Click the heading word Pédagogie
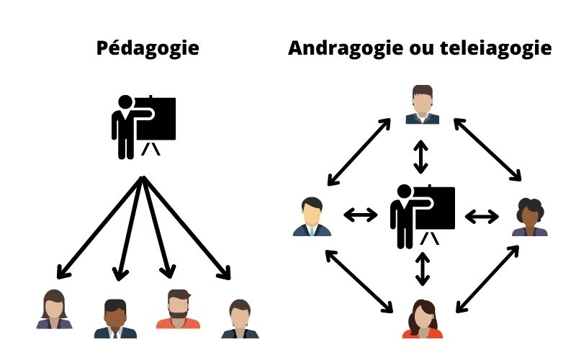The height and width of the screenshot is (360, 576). click(x=147, y=49)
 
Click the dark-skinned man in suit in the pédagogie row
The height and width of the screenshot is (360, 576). click(x=115, y=318)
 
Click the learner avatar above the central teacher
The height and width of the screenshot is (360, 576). click(x=422, y=104)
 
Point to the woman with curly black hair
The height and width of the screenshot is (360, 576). click(x=531, y=217)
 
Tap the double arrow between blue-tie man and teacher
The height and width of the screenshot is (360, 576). click(x=360, y=215)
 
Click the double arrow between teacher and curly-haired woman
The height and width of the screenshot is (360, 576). click(x=482, y=215)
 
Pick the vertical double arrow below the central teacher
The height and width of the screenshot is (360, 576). click(x=423, y=268)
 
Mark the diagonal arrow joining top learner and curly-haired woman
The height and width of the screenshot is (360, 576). click(x=487, y=149)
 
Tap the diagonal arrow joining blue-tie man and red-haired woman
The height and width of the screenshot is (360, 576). click(x=360, y=281)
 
